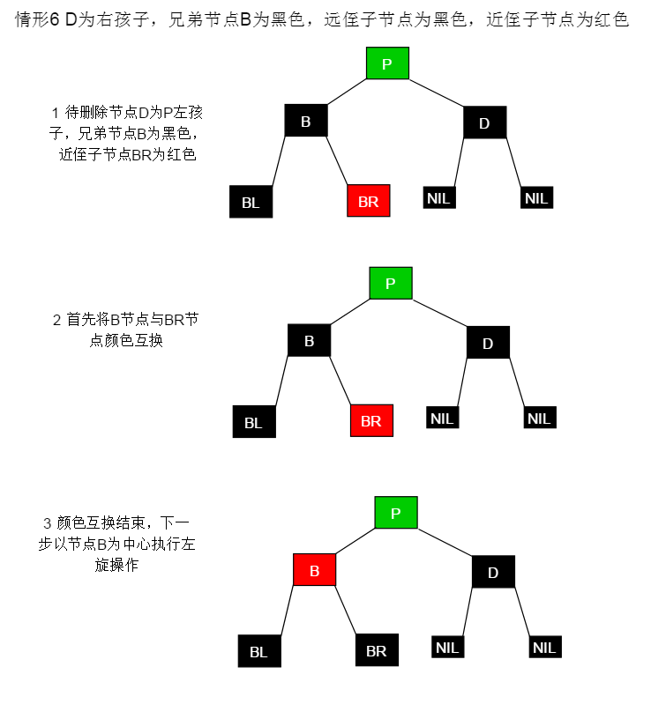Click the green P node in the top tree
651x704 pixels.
387,63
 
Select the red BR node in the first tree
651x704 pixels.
369,201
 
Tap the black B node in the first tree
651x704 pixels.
306,121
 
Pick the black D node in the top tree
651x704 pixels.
484,122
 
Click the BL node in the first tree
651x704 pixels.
251,202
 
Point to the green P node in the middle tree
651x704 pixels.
391,283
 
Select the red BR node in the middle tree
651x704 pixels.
371,420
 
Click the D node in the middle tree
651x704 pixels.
488,343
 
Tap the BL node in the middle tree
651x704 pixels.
254,422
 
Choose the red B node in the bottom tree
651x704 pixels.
314,570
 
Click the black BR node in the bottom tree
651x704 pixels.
377,650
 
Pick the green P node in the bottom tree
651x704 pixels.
396,512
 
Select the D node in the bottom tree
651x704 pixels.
493,572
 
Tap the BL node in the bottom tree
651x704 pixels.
258,651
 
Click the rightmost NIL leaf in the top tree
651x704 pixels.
536,197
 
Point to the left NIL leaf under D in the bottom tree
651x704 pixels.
447,647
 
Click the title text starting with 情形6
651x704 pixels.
322,19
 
